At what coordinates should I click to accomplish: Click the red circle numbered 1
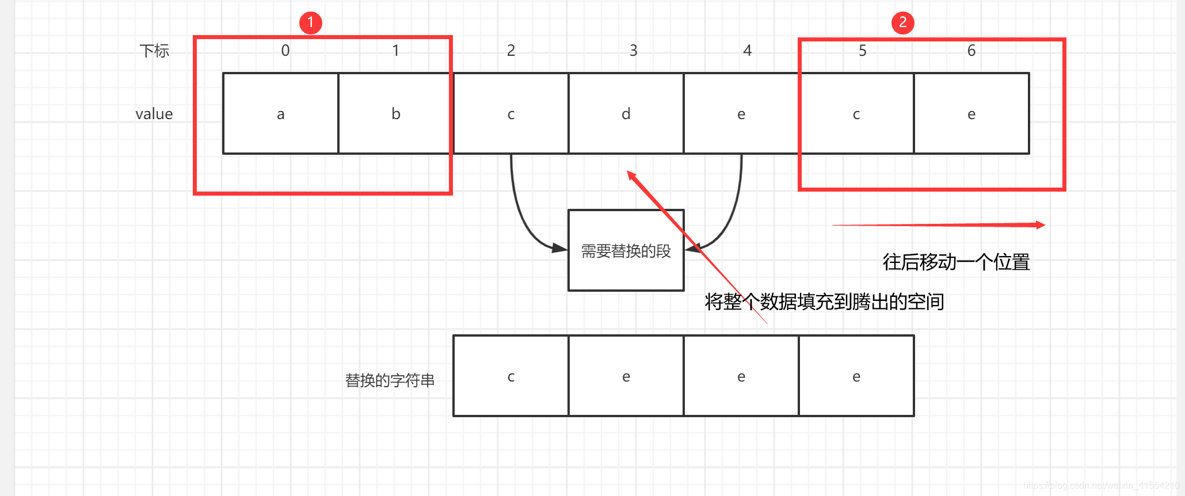[x=311, y=23]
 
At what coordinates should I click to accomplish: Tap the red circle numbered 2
[x=902, y=23]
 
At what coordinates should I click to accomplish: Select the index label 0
[x=285, y=51]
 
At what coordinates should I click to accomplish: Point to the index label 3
[x=633, y=51]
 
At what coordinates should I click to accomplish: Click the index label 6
[x=971, y=51]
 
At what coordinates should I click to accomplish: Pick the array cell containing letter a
[x=280, y=113]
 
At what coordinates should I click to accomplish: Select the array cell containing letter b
[x=395, y=113]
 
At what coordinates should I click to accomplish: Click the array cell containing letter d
[x=626, y=113]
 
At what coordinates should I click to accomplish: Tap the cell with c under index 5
[x=856, y=113]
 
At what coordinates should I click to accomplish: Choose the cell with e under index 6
[x=971, y=113]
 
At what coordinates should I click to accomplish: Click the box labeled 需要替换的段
[x=626, y=250]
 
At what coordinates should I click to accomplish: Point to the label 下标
[x=154, y=51]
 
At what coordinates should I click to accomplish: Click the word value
[x=154, y=114]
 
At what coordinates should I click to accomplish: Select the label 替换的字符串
[x=390, y=380]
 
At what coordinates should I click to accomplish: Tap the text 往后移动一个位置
[x=956, y=262]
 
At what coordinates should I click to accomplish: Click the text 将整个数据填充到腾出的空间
[x=824, y=302]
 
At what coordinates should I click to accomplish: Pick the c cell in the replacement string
[x=510, y=376]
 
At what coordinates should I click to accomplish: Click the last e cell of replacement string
[x=856, y=376]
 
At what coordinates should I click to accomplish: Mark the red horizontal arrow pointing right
[x=938, y=225]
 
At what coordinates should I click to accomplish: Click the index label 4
[x=747, y=51]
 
